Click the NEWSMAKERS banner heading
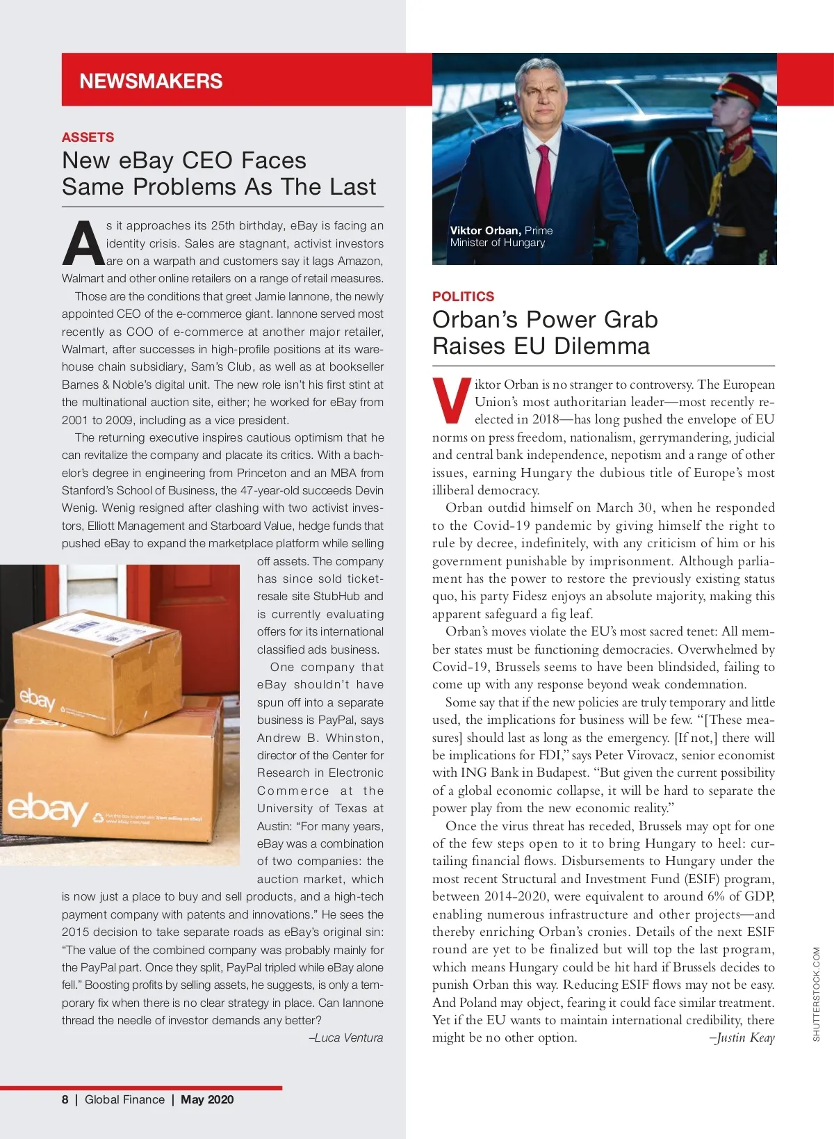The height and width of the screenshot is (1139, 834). [x=151, y=81]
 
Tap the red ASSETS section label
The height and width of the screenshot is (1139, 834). [x=88, y=137]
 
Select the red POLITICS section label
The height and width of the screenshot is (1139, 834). [x=463, y=296]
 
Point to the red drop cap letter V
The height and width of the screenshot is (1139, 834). [x=451, y=401]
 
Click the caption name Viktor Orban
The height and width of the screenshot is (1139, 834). [x=484, y=230]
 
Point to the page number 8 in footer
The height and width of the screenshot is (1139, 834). [x=65, y=1099]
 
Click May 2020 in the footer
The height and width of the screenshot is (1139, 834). [x=207, y=1099]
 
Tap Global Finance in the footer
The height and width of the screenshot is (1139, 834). [x=124, y=1099]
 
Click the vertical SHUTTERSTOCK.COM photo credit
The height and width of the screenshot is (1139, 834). [x=816, y=994]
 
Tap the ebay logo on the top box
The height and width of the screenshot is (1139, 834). [x=36, y=698]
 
